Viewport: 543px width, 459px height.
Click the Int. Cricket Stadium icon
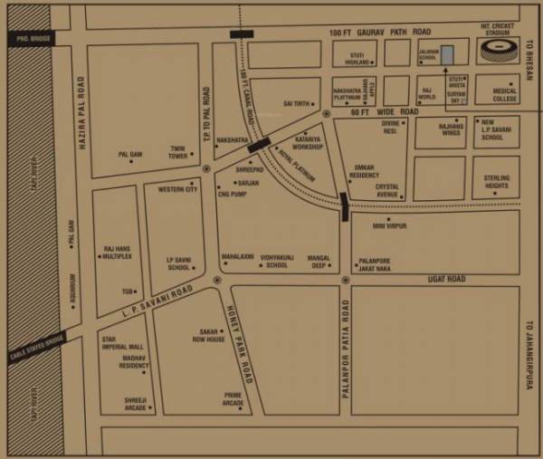500,51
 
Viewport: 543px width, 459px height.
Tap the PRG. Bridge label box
29,39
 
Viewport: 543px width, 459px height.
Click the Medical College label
504,95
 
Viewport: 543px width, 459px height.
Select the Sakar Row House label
208,336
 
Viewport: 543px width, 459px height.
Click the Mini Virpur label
391,226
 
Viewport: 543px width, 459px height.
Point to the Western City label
177,190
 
